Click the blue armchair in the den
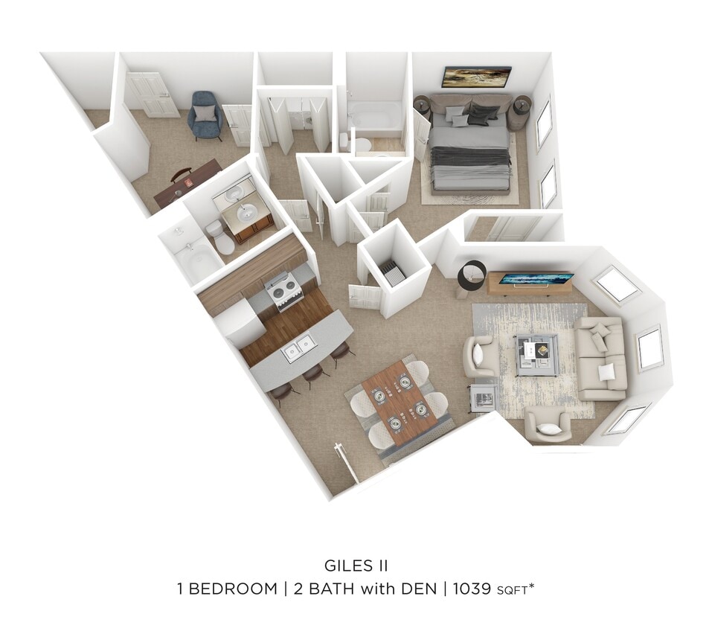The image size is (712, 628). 205,115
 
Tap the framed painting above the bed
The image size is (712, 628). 476,77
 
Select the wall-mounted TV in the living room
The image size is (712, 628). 536,279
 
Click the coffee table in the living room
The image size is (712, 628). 536,350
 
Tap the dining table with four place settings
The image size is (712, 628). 400,401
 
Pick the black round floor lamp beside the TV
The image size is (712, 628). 472,275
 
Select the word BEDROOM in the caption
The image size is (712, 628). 232,589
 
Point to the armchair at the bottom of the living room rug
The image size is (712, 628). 548,425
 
